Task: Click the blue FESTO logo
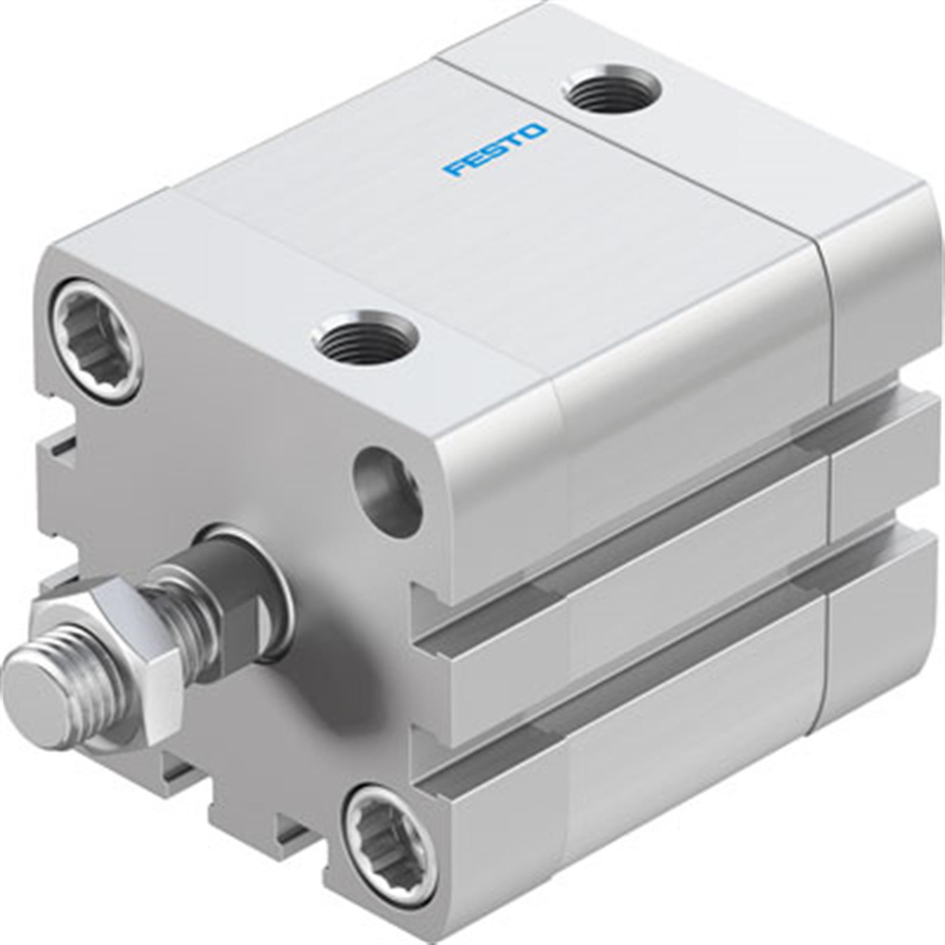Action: pyautogui.click(x=494, y=150)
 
